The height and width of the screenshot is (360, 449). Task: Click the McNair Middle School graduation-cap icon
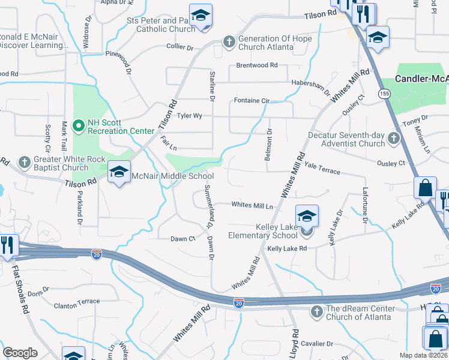[x=119, y=172]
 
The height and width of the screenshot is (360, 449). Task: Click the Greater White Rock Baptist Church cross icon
[x=24, y=162]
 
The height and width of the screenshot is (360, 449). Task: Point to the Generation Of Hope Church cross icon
[x=228, y=41]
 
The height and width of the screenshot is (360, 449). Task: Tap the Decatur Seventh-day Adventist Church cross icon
[x=393, y=139]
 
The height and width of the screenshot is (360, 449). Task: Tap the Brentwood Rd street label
[x=257, y=65]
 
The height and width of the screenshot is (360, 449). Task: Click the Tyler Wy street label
[x=189, y=115]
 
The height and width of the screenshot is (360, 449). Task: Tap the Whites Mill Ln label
[x=252, y=205]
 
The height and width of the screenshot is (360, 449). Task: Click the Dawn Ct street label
[x=183, y=239]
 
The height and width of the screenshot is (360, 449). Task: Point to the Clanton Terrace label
[x=77, y=302]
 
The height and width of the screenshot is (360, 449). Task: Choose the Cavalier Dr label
[x=316, y=343]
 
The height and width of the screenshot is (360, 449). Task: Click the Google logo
[x=20, y=353]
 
